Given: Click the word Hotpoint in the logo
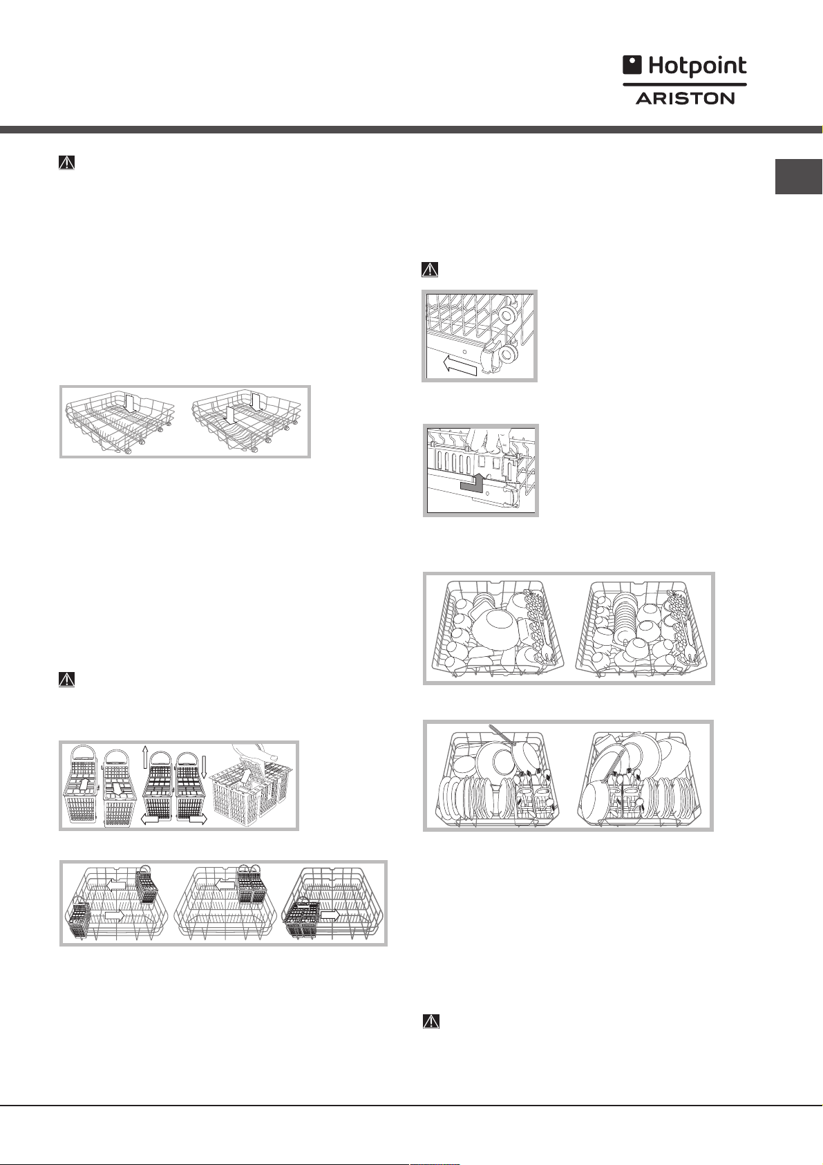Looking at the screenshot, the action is [x=698, y=66].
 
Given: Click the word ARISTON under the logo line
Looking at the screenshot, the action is [x=685, y=97].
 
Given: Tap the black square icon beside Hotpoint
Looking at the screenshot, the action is [x=633, y=66].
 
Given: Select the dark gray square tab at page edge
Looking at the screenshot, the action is [x=799, y=176].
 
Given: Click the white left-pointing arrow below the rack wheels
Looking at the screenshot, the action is [x=458, y=366].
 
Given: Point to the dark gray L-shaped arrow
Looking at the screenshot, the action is [x=473, y=483].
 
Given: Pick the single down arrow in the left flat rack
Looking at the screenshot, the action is [x=131, y=404].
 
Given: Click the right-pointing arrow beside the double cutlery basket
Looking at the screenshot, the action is [x=330, y=929].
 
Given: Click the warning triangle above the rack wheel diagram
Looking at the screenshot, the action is [x=429, y=270].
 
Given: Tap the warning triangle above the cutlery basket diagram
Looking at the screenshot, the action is [x=66, y=680].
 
